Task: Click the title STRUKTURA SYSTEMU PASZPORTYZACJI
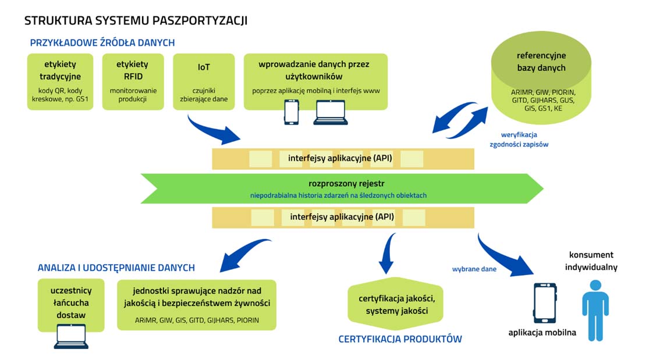136,21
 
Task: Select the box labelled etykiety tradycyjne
60,81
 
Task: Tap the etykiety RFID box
132,81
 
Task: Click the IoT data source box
204,81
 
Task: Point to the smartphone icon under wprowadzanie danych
291,112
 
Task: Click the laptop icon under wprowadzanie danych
330,113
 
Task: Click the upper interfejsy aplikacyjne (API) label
340,158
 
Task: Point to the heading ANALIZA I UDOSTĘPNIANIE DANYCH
116,268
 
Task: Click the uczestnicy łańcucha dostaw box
71,302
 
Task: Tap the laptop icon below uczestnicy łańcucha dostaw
71,336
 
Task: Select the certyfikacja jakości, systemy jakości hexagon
396,304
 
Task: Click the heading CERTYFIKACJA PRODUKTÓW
400,339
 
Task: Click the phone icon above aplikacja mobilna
544,303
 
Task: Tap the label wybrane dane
474,269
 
